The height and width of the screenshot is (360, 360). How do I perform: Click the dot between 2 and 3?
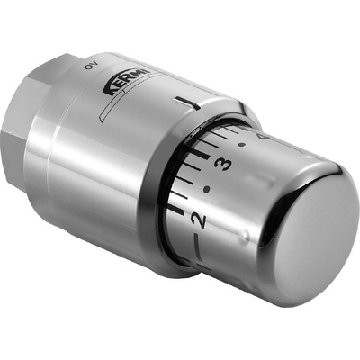click(206, 190)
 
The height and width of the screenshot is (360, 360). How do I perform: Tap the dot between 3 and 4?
click(241, 145)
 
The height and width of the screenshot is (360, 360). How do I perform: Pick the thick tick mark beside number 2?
click(176, 210)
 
